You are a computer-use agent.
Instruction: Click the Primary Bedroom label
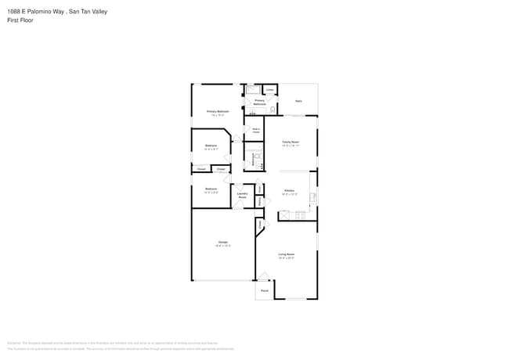point(218,112)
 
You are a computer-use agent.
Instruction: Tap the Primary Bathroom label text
point(259,103)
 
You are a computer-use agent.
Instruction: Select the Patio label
point(298,101)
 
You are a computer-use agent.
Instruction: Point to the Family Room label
point(291,142)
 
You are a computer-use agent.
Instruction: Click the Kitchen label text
point(289,191)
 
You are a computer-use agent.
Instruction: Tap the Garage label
point(222,243)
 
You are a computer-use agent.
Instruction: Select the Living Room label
point(287,254)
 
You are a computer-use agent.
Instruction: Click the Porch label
point(264,290)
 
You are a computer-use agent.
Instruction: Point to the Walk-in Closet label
point(255,131)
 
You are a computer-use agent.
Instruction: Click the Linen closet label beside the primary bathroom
point(269,90)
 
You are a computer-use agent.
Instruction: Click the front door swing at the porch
point(265,276)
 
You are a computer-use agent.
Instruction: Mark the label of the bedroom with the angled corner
point(211,146)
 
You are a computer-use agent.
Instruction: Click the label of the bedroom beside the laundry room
point(211,189)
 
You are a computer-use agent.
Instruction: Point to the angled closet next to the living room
point(259,225)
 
